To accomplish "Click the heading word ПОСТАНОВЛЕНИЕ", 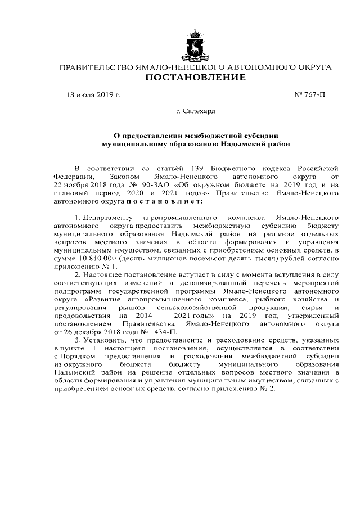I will [195, 78].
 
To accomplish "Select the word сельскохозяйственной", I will [195, 308].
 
